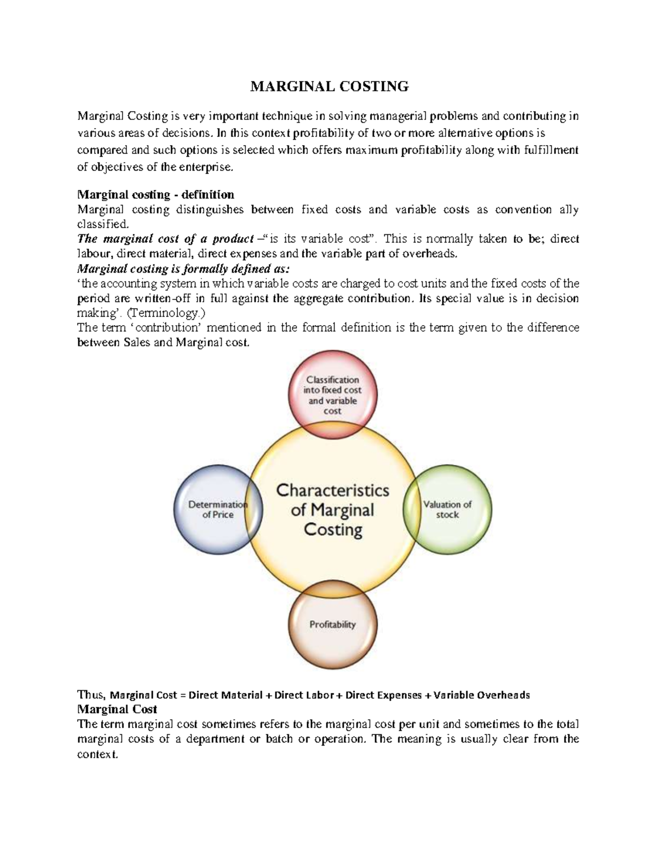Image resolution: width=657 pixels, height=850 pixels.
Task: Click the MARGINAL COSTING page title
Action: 329,86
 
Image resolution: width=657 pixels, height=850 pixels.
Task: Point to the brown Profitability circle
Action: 332,625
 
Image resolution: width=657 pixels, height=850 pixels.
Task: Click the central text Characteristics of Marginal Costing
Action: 332,510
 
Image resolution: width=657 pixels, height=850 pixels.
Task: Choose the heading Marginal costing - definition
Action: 155,194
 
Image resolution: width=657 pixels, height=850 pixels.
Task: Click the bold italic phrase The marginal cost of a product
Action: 165,239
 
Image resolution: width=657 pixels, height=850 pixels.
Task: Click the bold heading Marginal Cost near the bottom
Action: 117,709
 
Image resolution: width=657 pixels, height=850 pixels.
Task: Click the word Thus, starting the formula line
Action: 91,695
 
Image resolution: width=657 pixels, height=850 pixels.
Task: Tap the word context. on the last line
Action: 97,754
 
